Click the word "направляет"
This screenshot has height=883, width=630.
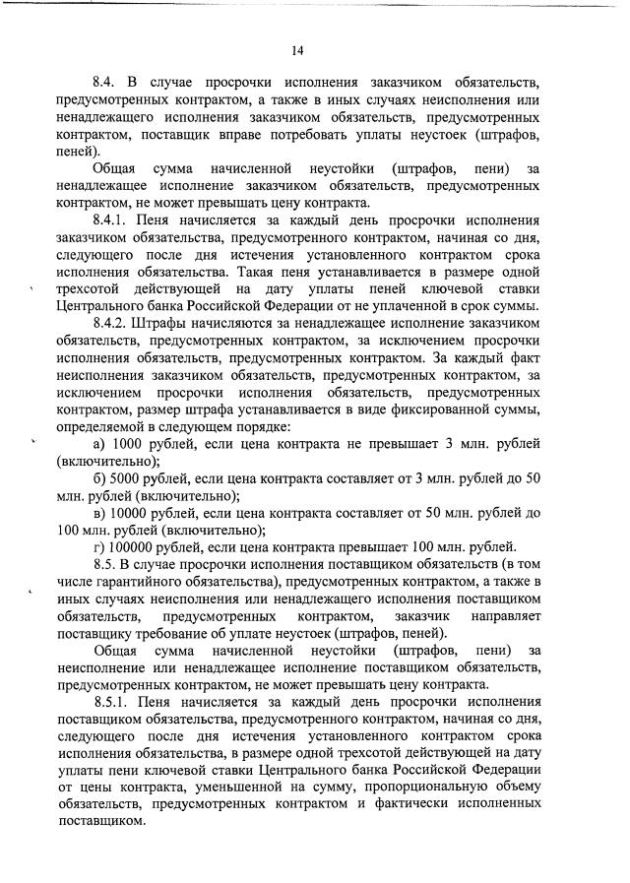(x=499, y=614)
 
